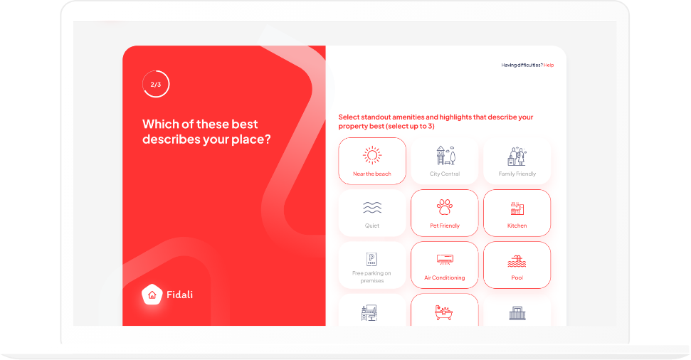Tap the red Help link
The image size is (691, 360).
pos(548,65)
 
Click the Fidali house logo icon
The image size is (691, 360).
pos(152,295)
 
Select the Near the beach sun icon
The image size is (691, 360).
pos(372,156)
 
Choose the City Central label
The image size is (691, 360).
pos(445,174)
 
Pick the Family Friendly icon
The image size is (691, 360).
pos(517,156)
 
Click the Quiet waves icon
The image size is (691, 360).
pos(372,208)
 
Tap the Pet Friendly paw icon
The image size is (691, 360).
pos(445,207)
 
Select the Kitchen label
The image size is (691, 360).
pos(517,226)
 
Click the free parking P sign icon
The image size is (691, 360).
pos(372,259)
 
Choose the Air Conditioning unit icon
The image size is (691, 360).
pos(445,260)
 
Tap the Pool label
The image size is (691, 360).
pos(517,277)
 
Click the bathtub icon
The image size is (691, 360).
pos(444,312)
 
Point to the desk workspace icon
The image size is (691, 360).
pos(369,313)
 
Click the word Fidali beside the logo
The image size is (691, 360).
pos(180,295)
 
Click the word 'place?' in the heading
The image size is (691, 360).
pos(250,139)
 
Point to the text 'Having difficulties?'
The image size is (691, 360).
pos(522,65)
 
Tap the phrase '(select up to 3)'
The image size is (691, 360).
pos(410,127)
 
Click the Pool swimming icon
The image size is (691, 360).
pos(517,261)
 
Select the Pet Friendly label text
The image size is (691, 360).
pos(445,226)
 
